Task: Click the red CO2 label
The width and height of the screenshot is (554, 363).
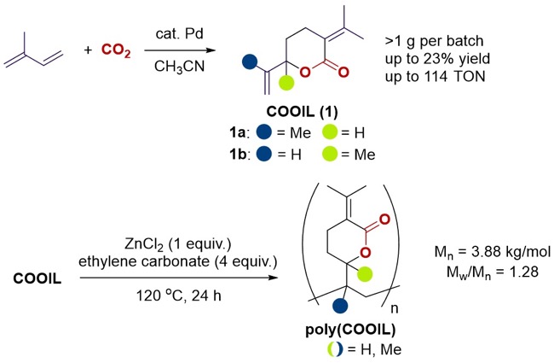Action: (116, 50)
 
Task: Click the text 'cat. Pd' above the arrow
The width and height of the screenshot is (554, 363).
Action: (180, 33)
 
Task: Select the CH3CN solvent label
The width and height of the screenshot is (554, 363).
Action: (180, 67)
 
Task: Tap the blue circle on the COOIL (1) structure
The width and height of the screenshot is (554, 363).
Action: (250, 61)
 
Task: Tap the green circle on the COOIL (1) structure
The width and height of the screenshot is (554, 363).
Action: (286, 83)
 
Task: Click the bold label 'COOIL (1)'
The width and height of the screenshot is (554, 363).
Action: (302, 112)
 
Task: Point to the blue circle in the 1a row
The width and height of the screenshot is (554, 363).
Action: (264, 132)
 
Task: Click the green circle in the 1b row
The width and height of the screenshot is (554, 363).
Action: (330, 154)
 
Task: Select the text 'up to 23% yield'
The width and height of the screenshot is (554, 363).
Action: (438, 59)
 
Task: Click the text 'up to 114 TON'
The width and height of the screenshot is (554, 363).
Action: (436, 76)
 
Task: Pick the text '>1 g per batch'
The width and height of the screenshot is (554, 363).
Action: (434, 42)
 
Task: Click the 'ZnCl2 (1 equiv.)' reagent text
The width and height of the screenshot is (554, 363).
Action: (178, 244)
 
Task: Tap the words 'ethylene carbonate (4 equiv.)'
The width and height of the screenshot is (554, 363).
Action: (178, 261)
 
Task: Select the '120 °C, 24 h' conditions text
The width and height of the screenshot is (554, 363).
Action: (179, 296)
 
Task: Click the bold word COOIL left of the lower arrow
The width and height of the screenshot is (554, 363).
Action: (38, 278)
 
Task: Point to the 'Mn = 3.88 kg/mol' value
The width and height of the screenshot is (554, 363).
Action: (493, 252)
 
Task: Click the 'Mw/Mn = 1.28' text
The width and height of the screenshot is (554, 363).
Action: (493, 272)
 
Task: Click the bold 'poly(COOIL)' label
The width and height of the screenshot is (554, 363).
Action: (350, 330)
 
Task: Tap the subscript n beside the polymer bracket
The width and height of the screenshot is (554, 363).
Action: (395, 309)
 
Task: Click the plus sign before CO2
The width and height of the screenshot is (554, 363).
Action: (88, 50)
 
